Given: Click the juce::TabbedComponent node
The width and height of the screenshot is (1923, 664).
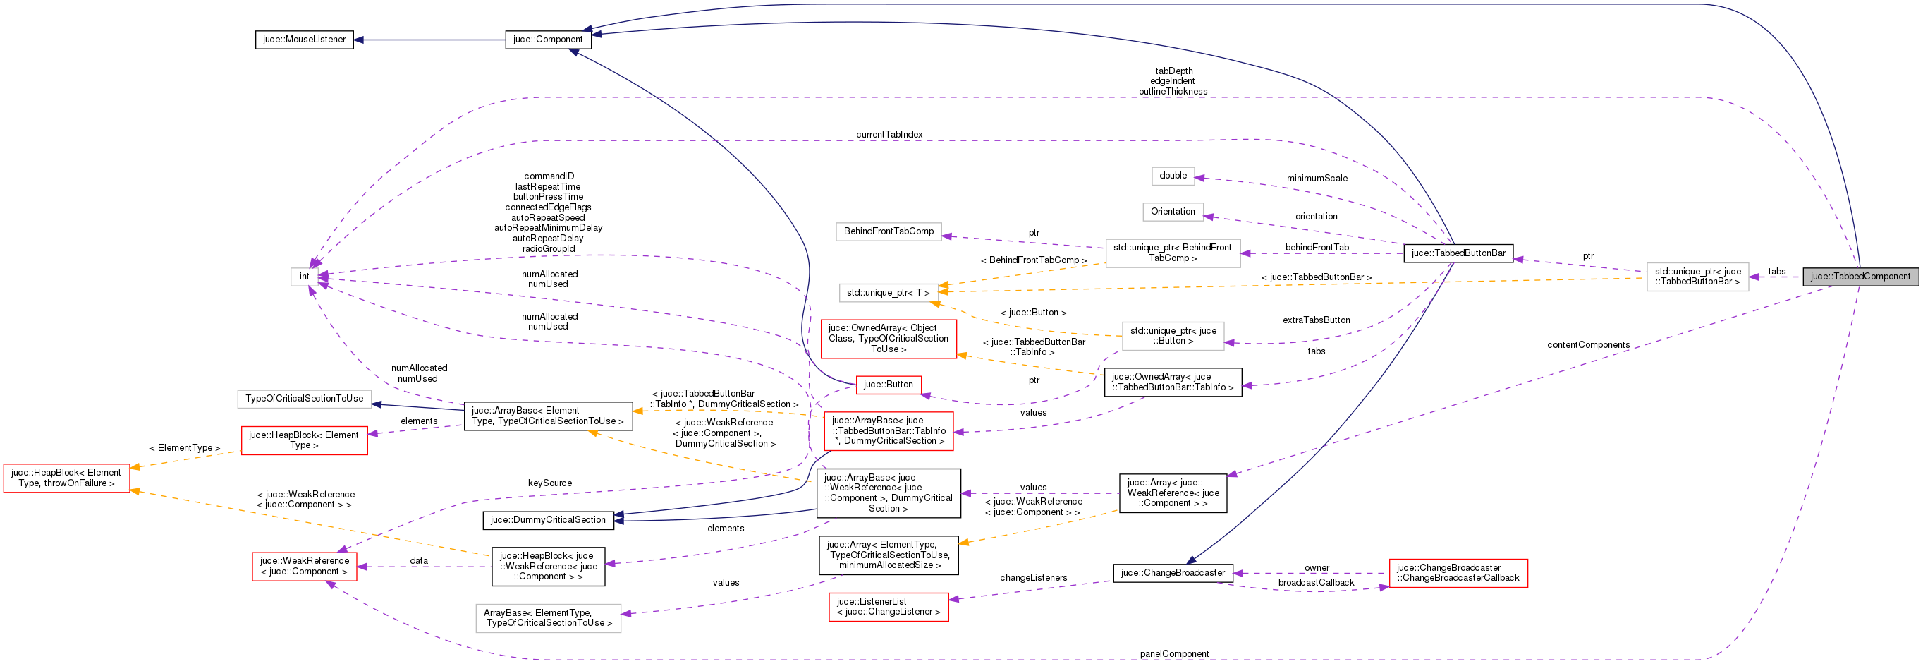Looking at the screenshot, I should [1860, 277].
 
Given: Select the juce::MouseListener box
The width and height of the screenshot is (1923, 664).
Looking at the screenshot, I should [304, 40].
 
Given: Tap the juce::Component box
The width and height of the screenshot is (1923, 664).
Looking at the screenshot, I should [547, 40].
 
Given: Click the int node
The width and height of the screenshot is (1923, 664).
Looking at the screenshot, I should [304, 277].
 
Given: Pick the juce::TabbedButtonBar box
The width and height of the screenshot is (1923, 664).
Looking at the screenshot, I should [1458, 253].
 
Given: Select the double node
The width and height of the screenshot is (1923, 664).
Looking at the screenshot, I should [1173, 176].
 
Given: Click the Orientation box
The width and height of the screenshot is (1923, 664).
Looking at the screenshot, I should [1172, 212].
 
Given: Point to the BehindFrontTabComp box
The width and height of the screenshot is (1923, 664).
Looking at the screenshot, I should [889, 231].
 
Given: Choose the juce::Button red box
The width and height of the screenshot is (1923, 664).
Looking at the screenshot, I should [888, 385].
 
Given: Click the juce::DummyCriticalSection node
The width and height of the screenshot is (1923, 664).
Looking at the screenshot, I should [548, 520].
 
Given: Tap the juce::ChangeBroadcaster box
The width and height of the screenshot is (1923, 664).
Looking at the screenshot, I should [1172, 573].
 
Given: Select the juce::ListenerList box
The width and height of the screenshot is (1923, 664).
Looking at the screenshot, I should [888, 606].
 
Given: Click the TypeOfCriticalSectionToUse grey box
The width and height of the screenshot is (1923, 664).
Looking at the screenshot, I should [304, 399].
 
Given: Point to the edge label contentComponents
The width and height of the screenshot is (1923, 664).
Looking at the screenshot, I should [1588, 345].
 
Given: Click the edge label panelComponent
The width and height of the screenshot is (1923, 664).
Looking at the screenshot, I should [1173, 654].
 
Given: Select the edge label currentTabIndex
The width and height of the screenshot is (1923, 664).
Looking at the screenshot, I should [889, 135].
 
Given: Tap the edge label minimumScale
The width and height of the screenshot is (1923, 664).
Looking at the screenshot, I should [1317, 179].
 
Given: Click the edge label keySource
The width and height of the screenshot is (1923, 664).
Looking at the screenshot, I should [549, 483].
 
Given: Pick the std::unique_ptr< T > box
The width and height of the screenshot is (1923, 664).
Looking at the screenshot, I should [888, 293].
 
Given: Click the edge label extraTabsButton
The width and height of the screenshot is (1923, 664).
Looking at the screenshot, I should [1316, 320].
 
